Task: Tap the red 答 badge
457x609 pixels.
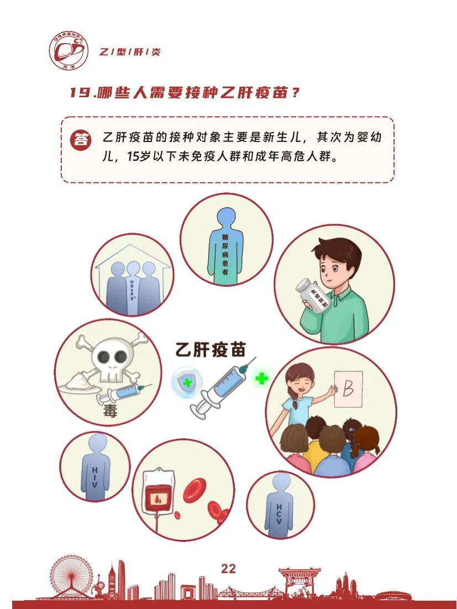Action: tap(81, 140)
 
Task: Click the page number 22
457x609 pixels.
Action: tap(228, 569)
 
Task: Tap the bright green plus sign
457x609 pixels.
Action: tap(261, 379)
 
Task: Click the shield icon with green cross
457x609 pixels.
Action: tap(187, 381)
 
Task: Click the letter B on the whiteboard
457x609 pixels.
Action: tap(348, 390)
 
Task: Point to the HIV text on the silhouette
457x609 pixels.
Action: tap(95, 477)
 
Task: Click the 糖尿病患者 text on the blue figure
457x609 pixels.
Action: tap(225, 251)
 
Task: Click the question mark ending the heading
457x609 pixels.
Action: tap(295, 92)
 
